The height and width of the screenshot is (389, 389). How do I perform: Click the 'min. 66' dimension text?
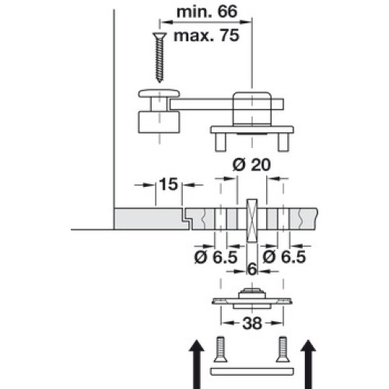[207, 12]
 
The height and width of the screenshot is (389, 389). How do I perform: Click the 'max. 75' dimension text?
[206, 36]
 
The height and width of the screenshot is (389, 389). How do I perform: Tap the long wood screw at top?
[159, 58]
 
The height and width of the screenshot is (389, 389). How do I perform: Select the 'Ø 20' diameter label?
[251, 165]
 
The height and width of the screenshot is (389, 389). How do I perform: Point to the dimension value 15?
[169, 184]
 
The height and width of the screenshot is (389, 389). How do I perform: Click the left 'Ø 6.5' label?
[216, 258]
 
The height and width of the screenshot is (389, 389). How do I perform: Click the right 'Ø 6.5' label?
[284, 258]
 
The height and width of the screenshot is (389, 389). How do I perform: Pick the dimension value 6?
[252, 270]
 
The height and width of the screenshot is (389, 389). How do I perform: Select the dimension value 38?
[252, 324]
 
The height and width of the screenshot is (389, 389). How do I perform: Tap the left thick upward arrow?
[197, 364]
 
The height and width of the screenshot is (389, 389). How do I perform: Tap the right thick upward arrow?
[308, 364]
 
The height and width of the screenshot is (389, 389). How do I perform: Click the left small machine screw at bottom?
[220, 349]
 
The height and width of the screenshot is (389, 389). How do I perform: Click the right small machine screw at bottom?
[282, 349]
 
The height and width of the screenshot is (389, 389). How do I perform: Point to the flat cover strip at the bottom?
[252, 372]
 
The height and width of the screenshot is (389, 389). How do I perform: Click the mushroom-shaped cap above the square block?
[159, 93]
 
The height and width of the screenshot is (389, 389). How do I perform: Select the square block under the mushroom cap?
[159, 122]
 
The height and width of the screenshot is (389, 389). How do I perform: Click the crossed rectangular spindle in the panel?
[252, 221]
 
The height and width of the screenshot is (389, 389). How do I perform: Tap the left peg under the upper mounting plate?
[220, 142]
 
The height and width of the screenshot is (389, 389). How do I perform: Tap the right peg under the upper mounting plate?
[283, 142]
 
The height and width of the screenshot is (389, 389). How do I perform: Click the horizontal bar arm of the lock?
[226, 103]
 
